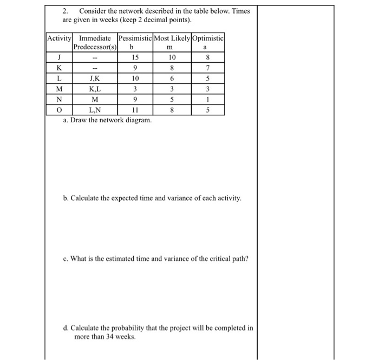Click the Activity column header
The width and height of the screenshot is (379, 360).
click(60, 38)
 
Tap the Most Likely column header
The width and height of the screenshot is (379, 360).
click(172, 38)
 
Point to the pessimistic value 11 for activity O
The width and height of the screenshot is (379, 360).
click(135, 110)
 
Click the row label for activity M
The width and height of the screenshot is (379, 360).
click(58, 89)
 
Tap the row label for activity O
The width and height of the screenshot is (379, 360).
click(58, 110)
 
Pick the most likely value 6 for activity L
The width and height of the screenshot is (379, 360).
click(172, 79)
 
